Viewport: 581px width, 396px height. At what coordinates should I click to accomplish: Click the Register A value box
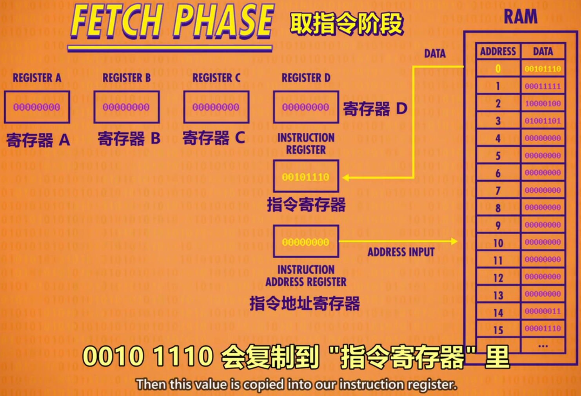click(x=37, y=107)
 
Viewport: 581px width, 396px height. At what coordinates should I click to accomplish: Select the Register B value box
click(x=126, y=107)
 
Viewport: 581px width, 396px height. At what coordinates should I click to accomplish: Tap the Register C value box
click(x=216, y=107)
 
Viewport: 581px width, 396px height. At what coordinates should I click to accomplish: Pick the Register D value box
click(x=306, y=107)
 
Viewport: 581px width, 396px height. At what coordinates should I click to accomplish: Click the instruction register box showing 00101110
click(x=306, y=177)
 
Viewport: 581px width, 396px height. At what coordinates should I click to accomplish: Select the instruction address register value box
click(x=306, y=242)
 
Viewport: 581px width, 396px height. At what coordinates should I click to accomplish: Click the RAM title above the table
click(x=520, y=17)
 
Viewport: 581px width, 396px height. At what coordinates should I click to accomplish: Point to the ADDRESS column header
click(x=498, y=51)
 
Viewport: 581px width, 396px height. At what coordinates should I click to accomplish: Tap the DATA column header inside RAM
click(x=543, y=51)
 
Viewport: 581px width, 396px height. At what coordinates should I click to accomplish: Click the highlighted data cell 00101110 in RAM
click(x=543, y=69)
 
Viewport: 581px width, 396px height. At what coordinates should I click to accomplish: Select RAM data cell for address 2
click(x=543, y=104)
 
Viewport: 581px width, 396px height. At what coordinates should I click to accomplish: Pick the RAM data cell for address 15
click(x=543, y=328)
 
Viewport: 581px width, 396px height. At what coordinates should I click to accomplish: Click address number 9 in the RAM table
click(x=498, y=225)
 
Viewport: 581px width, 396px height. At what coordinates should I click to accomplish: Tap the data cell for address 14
click(x=543, y=311)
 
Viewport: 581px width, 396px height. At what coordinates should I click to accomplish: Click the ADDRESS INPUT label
click(x=401, y=252)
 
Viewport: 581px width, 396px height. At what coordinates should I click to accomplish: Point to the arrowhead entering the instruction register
click(x=345, y=178)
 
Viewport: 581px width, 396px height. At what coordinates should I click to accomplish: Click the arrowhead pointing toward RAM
click(x=454, y=241)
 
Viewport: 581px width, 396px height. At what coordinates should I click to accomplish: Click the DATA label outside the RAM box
click(x=435, y=53)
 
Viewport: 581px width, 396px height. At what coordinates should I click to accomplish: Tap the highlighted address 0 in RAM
click(x=498, y=69)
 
